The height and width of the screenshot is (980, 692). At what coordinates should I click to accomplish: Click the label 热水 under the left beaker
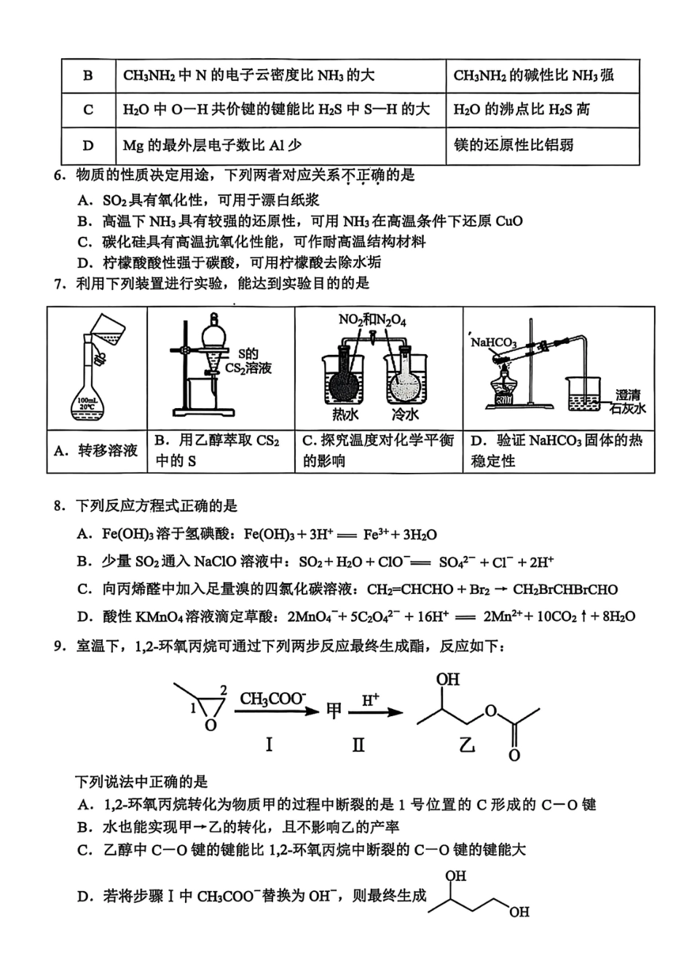(345, 415)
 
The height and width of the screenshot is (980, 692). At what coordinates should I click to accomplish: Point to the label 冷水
(405, 415)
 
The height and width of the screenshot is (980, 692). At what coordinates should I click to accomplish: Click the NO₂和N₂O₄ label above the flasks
(372, 320)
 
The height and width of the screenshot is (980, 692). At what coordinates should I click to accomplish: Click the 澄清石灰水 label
(627, 401)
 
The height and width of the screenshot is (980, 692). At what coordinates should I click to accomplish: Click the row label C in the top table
(88, 110)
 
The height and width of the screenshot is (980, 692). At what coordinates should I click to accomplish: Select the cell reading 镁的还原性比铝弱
(514, 145)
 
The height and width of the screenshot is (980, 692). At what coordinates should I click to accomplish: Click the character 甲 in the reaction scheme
(334, 711)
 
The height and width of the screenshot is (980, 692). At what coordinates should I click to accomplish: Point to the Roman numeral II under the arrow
(358, 745)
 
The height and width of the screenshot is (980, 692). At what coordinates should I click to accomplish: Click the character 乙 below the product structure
(467, 745)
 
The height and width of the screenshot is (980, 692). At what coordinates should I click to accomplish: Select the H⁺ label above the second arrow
(371, 700)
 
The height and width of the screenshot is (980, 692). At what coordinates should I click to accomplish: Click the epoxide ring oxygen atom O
(211, 726)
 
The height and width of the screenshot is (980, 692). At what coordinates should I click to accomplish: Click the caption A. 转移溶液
(96, 451)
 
